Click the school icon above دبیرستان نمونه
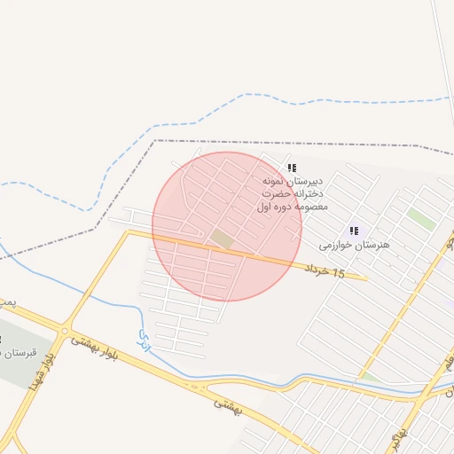293,168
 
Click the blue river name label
145,337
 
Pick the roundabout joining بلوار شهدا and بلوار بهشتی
63,332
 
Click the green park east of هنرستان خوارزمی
421,219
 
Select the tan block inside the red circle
222,239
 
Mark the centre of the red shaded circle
227,227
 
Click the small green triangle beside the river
371,378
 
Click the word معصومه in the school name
309,207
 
